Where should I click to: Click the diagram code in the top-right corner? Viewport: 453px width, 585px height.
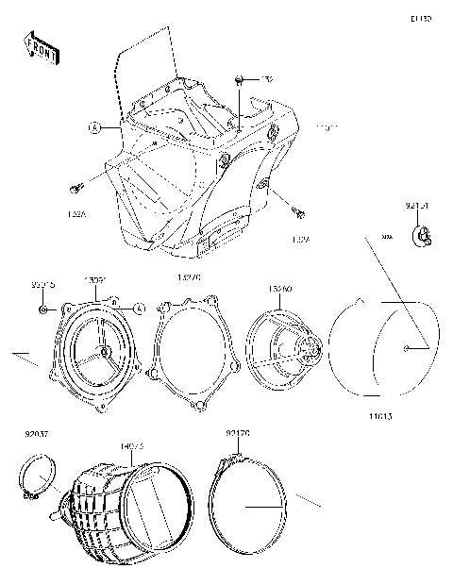420,18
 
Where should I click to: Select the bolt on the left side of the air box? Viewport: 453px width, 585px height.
75,187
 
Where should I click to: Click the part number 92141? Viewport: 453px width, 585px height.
418,205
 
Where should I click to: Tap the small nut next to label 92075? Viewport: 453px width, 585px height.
44,309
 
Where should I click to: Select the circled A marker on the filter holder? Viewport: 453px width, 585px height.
138,308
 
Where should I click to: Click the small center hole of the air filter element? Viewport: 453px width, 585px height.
405,349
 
